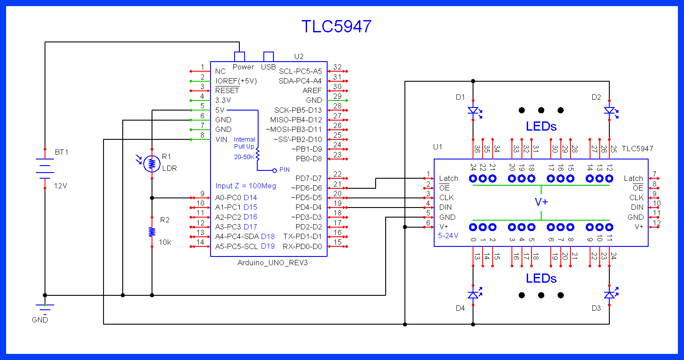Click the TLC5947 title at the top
click(x=336, y=27)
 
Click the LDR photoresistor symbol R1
click(x=152, y=163)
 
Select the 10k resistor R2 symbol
click(x=152, y=232)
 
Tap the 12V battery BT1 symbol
click(x=45, y=169)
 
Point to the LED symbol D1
click(x=473, y=111)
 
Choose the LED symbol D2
click(x=609, y=111)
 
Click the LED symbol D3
click(x=609, y=295)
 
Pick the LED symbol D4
click(x=473, y=295)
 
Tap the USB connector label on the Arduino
click(x=268, y=67)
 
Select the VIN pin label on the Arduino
click(x=221, y=139)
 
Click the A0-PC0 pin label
click(x=228, y=197)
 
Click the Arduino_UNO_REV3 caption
click(x=273, y=263)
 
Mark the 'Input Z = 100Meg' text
click(x=245, y=186)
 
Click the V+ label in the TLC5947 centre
click(x=541, y=202)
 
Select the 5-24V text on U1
click(x=448, y=235)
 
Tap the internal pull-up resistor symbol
click(x=258, y=155)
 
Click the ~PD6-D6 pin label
click(x=306, y=188)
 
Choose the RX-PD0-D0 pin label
click(x=302, y=246)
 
